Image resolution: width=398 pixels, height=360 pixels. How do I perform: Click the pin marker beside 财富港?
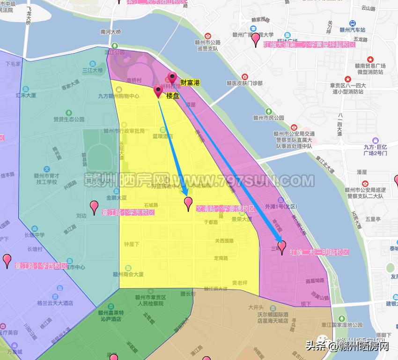coord(172,78)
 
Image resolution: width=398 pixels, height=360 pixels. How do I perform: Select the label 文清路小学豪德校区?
coord(225,209)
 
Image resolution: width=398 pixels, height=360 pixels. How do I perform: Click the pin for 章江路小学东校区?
coord(94,207)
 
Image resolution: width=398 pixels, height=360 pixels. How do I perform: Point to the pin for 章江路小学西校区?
coord(7,261)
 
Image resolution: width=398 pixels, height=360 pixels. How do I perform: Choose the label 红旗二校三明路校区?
coord(319,252)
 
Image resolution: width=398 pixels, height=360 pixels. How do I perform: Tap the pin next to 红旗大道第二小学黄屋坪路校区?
coord(256,39)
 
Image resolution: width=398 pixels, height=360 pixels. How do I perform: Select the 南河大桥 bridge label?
coord(111,32)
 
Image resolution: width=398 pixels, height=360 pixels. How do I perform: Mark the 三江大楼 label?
coord(92,70)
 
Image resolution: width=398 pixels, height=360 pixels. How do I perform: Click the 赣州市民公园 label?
coord(269,118)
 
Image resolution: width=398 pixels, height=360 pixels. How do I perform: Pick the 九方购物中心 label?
coord(118,96)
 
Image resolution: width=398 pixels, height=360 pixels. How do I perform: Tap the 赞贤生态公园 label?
coord(69,119)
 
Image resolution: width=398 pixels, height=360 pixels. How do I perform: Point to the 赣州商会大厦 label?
coord(128,275)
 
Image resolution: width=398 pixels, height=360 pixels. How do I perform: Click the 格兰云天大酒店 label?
coord(55,303)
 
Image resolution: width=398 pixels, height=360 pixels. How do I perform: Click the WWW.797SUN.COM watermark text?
coord(243,180)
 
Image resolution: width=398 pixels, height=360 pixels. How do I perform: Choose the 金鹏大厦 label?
coord(116,197)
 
